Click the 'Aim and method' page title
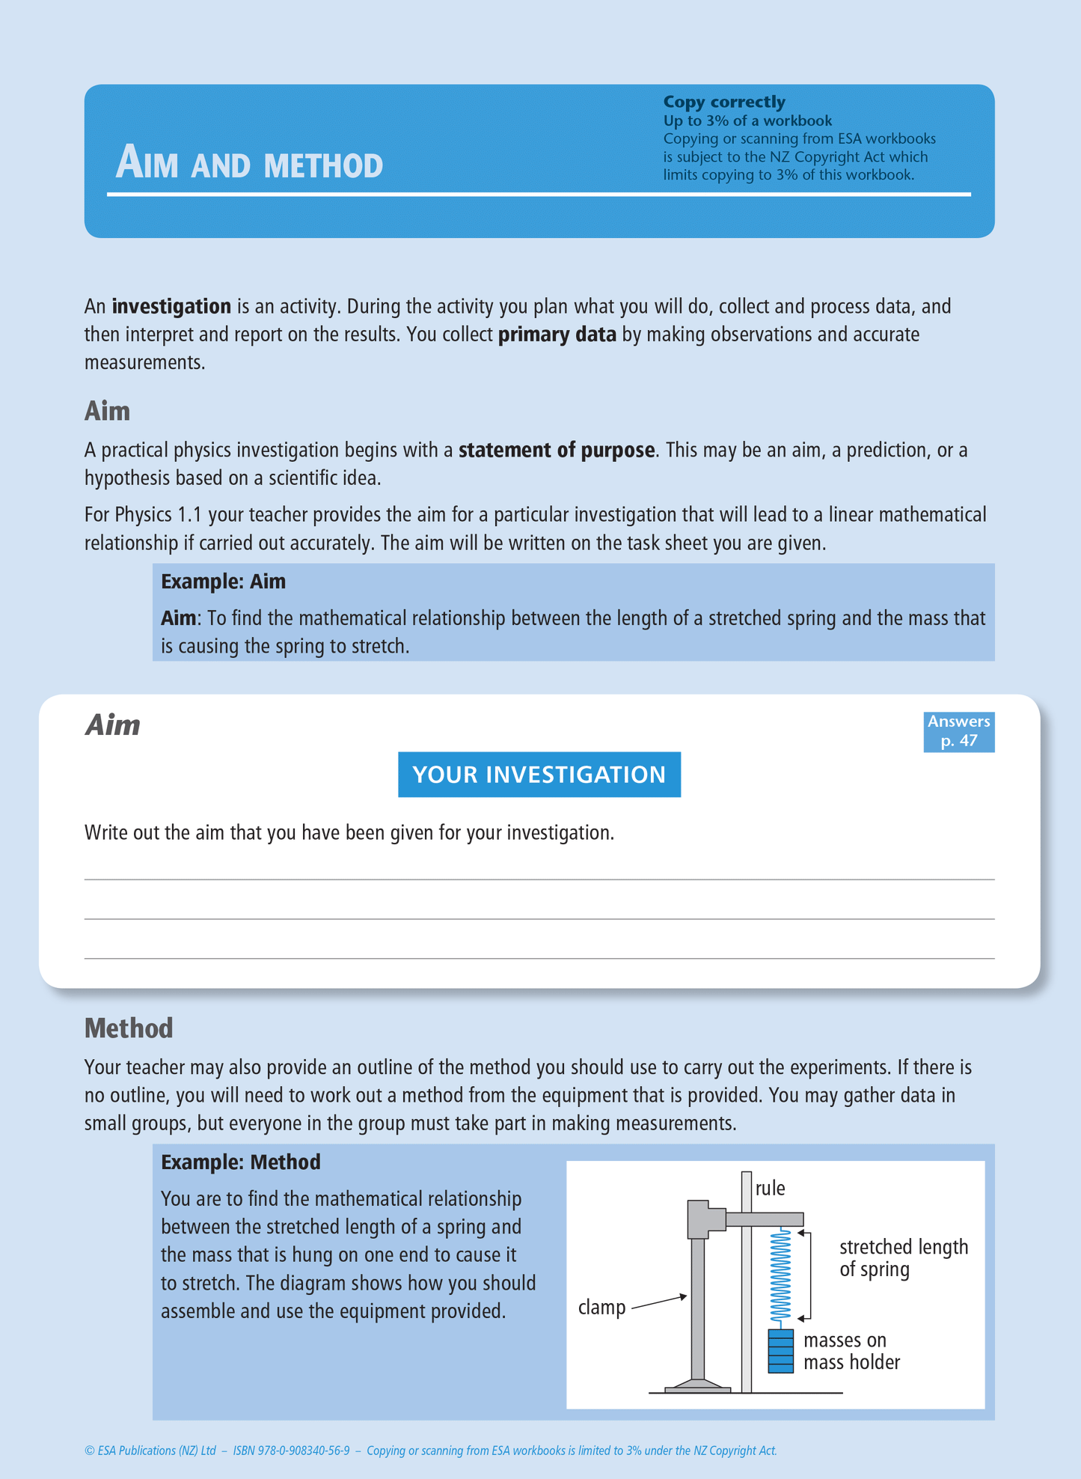(x=249, y=163)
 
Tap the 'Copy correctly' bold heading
(x=723, y=102)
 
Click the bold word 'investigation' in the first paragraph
(x=171, y=306)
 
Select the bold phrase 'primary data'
(x=557, y=335)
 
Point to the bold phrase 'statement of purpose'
(x=557, y=450)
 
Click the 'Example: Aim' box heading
(x=223, y=582)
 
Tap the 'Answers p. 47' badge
(x=958, y=731)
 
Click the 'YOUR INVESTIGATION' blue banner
(x=539, y=774)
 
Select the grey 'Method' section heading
(x=129, y=1028)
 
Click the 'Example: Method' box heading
(x=240, y=1162)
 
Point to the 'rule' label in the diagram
(x=770, y=1189)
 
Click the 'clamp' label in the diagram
(x=601, y=1308)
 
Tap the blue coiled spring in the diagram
(x=780, y=1277)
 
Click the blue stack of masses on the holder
(x=780, y=1351)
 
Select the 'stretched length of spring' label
(x=903, y=1258)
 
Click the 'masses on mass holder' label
(x=851, y=1351)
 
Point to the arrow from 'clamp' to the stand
(x=659, y=1302)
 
